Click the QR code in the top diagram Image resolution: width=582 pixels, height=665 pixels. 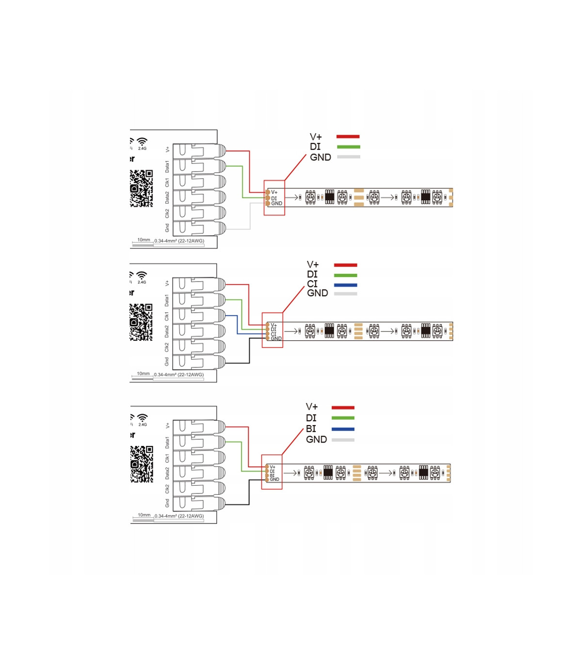click(142, 188)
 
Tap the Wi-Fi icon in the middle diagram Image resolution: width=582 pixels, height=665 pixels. click(142, 275)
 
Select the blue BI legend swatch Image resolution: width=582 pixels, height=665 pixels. click(343, 429)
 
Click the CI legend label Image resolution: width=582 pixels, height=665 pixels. click(312, 284)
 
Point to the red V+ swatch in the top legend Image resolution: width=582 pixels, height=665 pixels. click(348, 137)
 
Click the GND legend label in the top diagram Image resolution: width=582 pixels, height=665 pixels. click(321, 158)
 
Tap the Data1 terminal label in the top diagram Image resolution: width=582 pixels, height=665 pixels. click(167, 166)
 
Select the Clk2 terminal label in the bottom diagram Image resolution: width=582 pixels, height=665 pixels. click(167, 489)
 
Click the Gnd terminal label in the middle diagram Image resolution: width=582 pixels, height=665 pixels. click(167, 362)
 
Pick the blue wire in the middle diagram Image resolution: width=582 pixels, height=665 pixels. click(237, 325)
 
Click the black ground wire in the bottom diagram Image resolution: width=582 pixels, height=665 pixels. click(249, 492)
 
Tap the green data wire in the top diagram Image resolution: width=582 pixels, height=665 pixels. click(242, 182)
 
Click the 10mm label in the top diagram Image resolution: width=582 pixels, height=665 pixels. click(144, 240)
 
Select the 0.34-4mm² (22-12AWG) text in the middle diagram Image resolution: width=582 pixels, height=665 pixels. click(179, 375)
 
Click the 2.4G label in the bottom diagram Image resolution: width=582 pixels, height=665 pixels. click(143, 425)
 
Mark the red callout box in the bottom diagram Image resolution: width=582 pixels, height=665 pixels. click(272, 472)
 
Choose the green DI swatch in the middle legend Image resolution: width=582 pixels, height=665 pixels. click(345, 275)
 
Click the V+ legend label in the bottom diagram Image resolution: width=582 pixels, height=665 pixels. click(312, 407)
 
